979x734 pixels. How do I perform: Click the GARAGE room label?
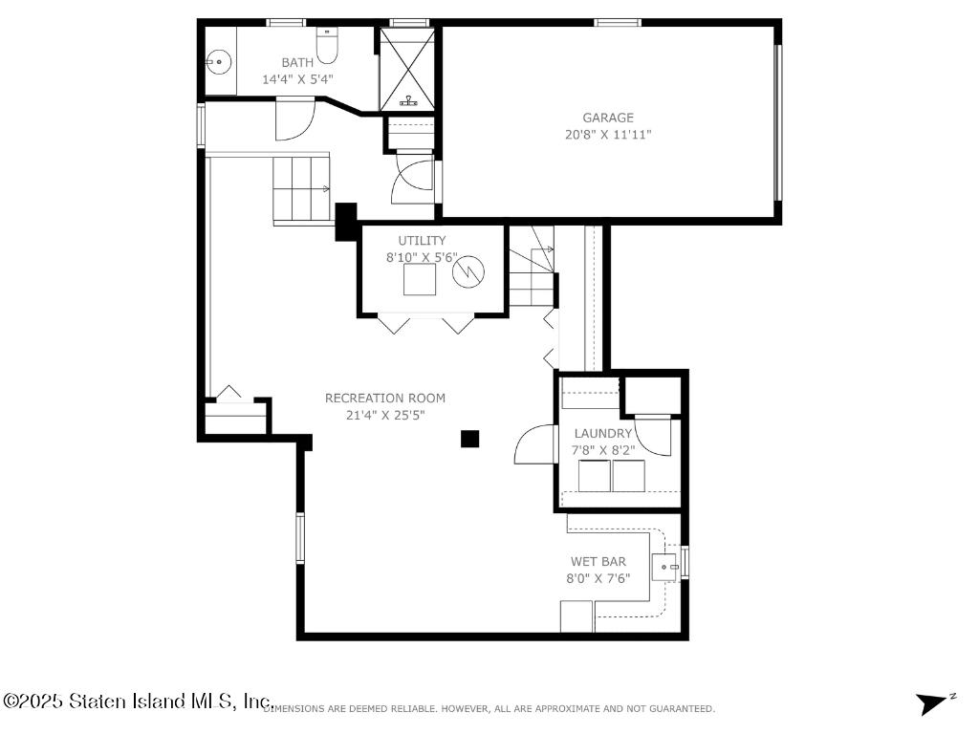(x=607, y=118)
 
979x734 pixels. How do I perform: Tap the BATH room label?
(x=297, y=62)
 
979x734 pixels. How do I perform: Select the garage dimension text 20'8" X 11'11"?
(x=607, y=134)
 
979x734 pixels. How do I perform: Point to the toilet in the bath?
(x=327, y=46)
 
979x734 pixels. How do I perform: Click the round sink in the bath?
(x=219, y=62)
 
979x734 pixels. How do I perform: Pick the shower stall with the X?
(x=407, y=69)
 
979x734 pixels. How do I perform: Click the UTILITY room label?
(x=422, y=240)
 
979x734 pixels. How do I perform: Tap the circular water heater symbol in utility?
(x=468, y=271)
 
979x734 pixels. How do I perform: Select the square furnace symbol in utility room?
(x=420, y=279)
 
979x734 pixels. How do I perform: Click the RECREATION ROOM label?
(x=385, y=399)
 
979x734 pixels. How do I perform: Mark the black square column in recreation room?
(x=470, y=439)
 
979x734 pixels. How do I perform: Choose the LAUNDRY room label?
(x=602, y=433)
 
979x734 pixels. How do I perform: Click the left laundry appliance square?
(x=594, y=476)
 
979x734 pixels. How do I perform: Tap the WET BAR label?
(x=598, y=562)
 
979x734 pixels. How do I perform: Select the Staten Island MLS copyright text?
(x=139, y=701)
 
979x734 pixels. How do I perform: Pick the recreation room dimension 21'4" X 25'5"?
(x=385, y=415)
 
